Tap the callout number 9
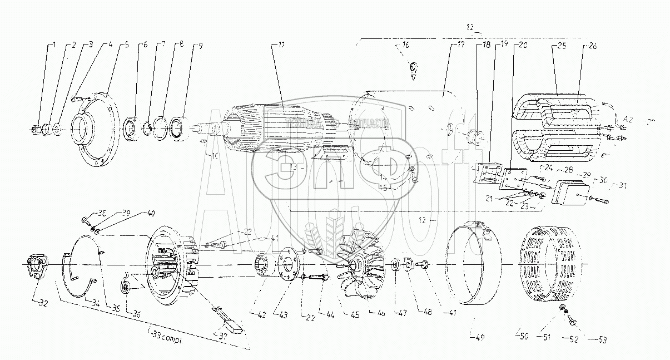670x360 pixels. tap(194, 45)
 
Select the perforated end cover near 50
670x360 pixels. tap(548, 264)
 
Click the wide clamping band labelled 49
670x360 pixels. tap(478, 267)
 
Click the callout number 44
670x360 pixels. tap(332, 315)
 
